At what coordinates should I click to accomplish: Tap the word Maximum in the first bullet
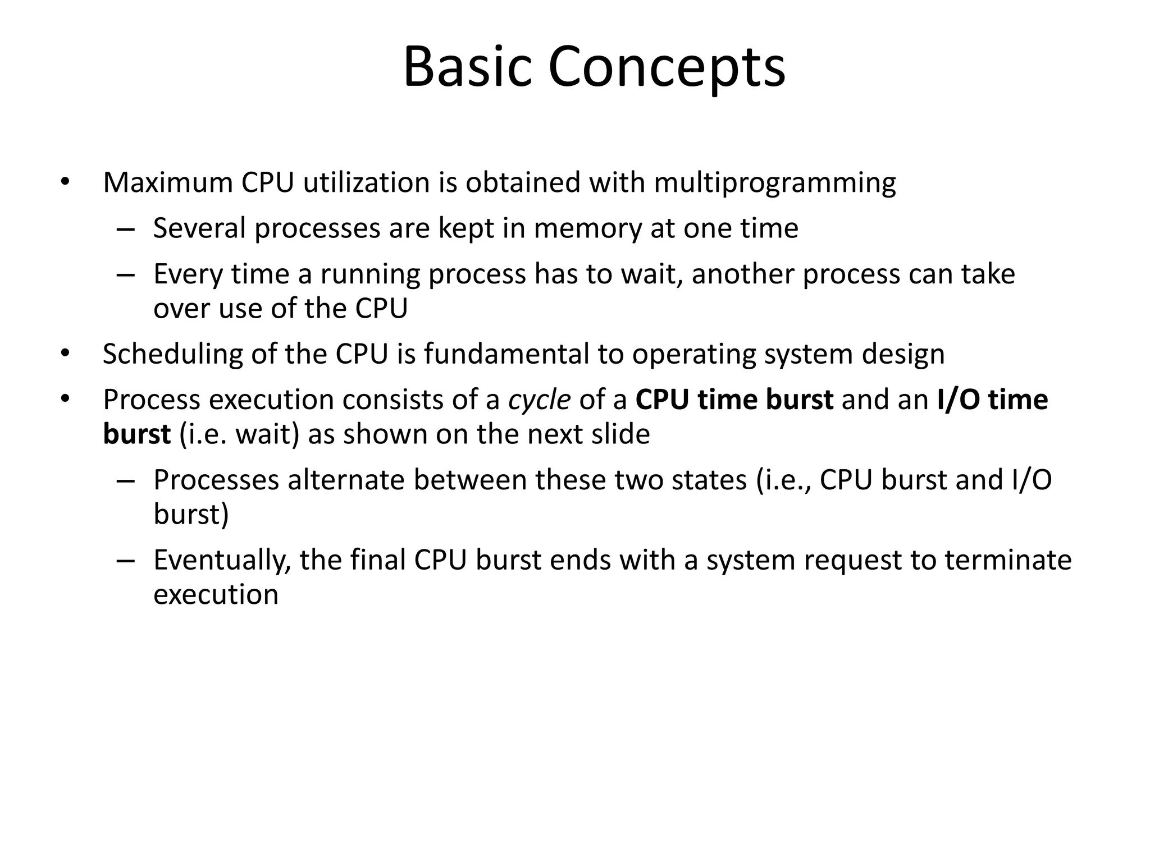coord(167,183)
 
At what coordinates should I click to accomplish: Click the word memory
coord(587,229)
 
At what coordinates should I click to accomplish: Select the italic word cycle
coord(539,401)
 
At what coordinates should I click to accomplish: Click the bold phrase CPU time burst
coord(734,400)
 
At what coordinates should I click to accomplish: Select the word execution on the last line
coord(216,595)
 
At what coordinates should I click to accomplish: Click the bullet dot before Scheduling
coord(65,354)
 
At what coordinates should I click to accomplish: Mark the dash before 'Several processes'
coord(126,229)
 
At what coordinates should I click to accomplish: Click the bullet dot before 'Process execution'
coord(65,399)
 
